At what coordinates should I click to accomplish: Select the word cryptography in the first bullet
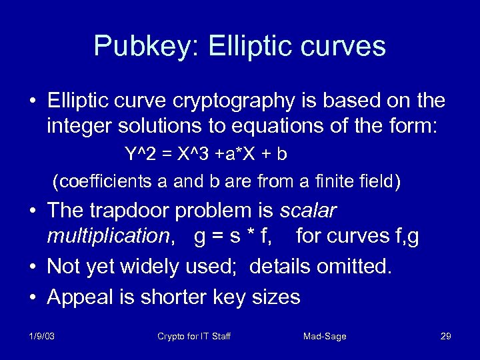point(227,102)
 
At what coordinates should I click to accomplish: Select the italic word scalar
point(309,212)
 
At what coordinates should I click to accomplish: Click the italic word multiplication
point(107,237)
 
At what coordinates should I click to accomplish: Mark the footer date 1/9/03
point(42,337)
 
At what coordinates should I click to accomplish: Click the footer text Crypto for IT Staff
point(194,337)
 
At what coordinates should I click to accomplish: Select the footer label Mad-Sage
point(325,337)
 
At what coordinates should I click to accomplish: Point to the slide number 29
point(446,337)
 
